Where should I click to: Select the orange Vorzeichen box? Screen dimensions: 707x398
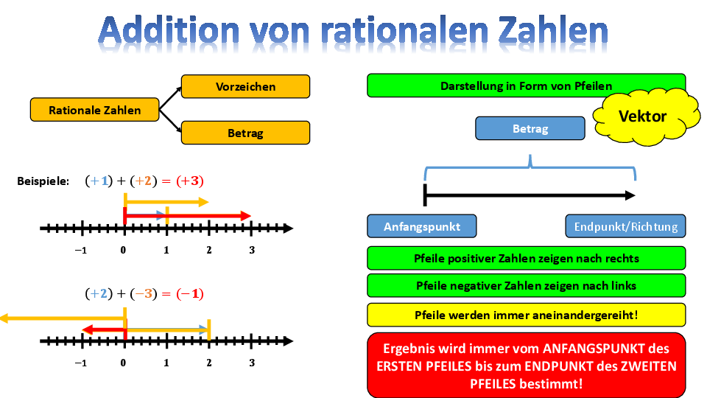coord(245,86)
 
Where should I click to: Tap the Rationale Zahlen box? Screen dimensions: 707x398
coord(95,110)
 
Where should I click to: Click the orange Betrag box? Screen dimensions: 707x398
coord(245,133)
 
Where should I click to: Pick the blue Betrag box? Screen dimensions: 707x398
coord(530,128)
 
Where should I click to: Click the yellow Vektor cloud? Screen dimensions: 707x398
coord(646,116)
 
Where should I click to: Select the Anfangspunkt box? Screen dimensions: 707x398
coord(421,226)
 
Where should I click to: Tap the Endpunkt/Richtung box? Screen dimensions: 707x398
coord(625,226)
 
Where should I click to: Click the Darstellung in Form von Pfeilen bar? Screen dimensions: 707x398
coord(526,85)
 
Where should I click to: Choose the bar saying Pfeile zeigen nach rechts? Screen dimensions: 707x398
coord(526,258)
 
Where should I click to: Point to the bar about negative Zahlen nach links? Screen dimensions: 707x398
coord(526,286)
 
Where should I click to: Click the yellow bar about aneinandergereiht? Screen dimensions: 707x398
coord(526,315)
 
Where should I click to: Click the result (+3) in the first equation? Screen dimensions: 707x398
coord(190,181)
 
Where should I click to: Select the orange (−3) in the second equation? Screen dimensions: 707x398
coord(144,294)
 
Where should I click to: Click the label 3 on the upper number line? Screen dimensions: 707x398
coord(252,250)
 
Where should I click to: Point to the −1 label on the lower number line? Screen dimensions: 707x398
coord(81,363)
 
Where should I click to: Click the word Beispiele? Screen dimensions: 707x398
coord(43,181)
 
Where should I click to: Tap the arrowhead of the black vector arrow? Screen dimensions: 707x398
coord(630,195)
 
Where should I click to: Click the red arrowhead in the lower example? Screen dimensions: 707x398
coord(88,330)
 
